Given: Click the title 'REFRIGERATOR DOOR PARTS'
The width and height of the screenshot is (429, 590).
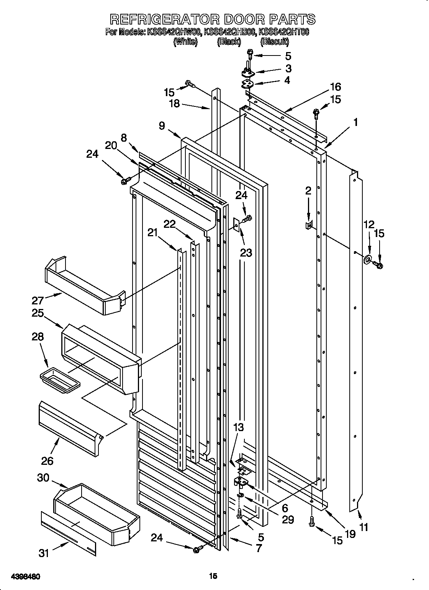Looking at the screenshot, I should coord(213,19).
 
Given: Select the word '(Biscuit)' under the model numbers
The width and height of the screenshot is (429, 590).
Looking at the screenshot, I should coord(275,42).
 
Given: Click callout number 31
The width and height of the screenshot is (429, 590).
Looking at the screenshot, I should coord(44,553).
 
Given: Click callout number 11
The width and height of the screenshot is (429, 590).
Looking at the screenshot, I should coord(364,528).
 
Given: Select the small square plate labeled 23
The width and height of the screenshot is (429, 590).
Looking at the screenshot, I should coord(236,225).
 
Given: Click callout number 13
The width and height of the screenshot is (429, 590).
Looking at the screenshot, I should coord(239,428).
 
